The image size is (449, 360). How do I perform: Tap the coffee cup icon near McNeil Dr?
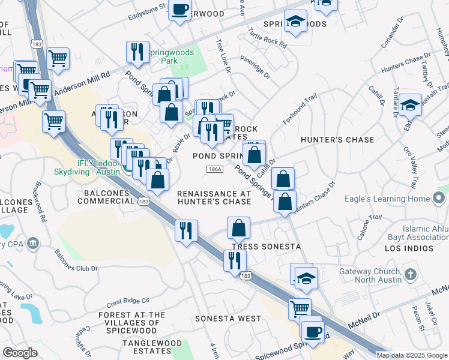tap(312, 331)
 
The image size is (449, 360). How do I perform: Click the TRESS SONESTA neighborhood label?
tap(266, 247)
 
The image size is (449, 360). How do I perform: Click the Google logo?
tap(20, 353)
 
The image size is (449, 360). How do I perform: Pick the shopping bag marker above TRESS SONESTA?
tap(239, 228)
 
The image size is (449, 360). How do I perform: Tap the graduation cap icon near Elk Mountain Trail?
tap(411, 106)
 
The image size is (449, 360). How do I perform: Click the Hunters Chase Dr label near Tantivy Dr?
tap(397, 62)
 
